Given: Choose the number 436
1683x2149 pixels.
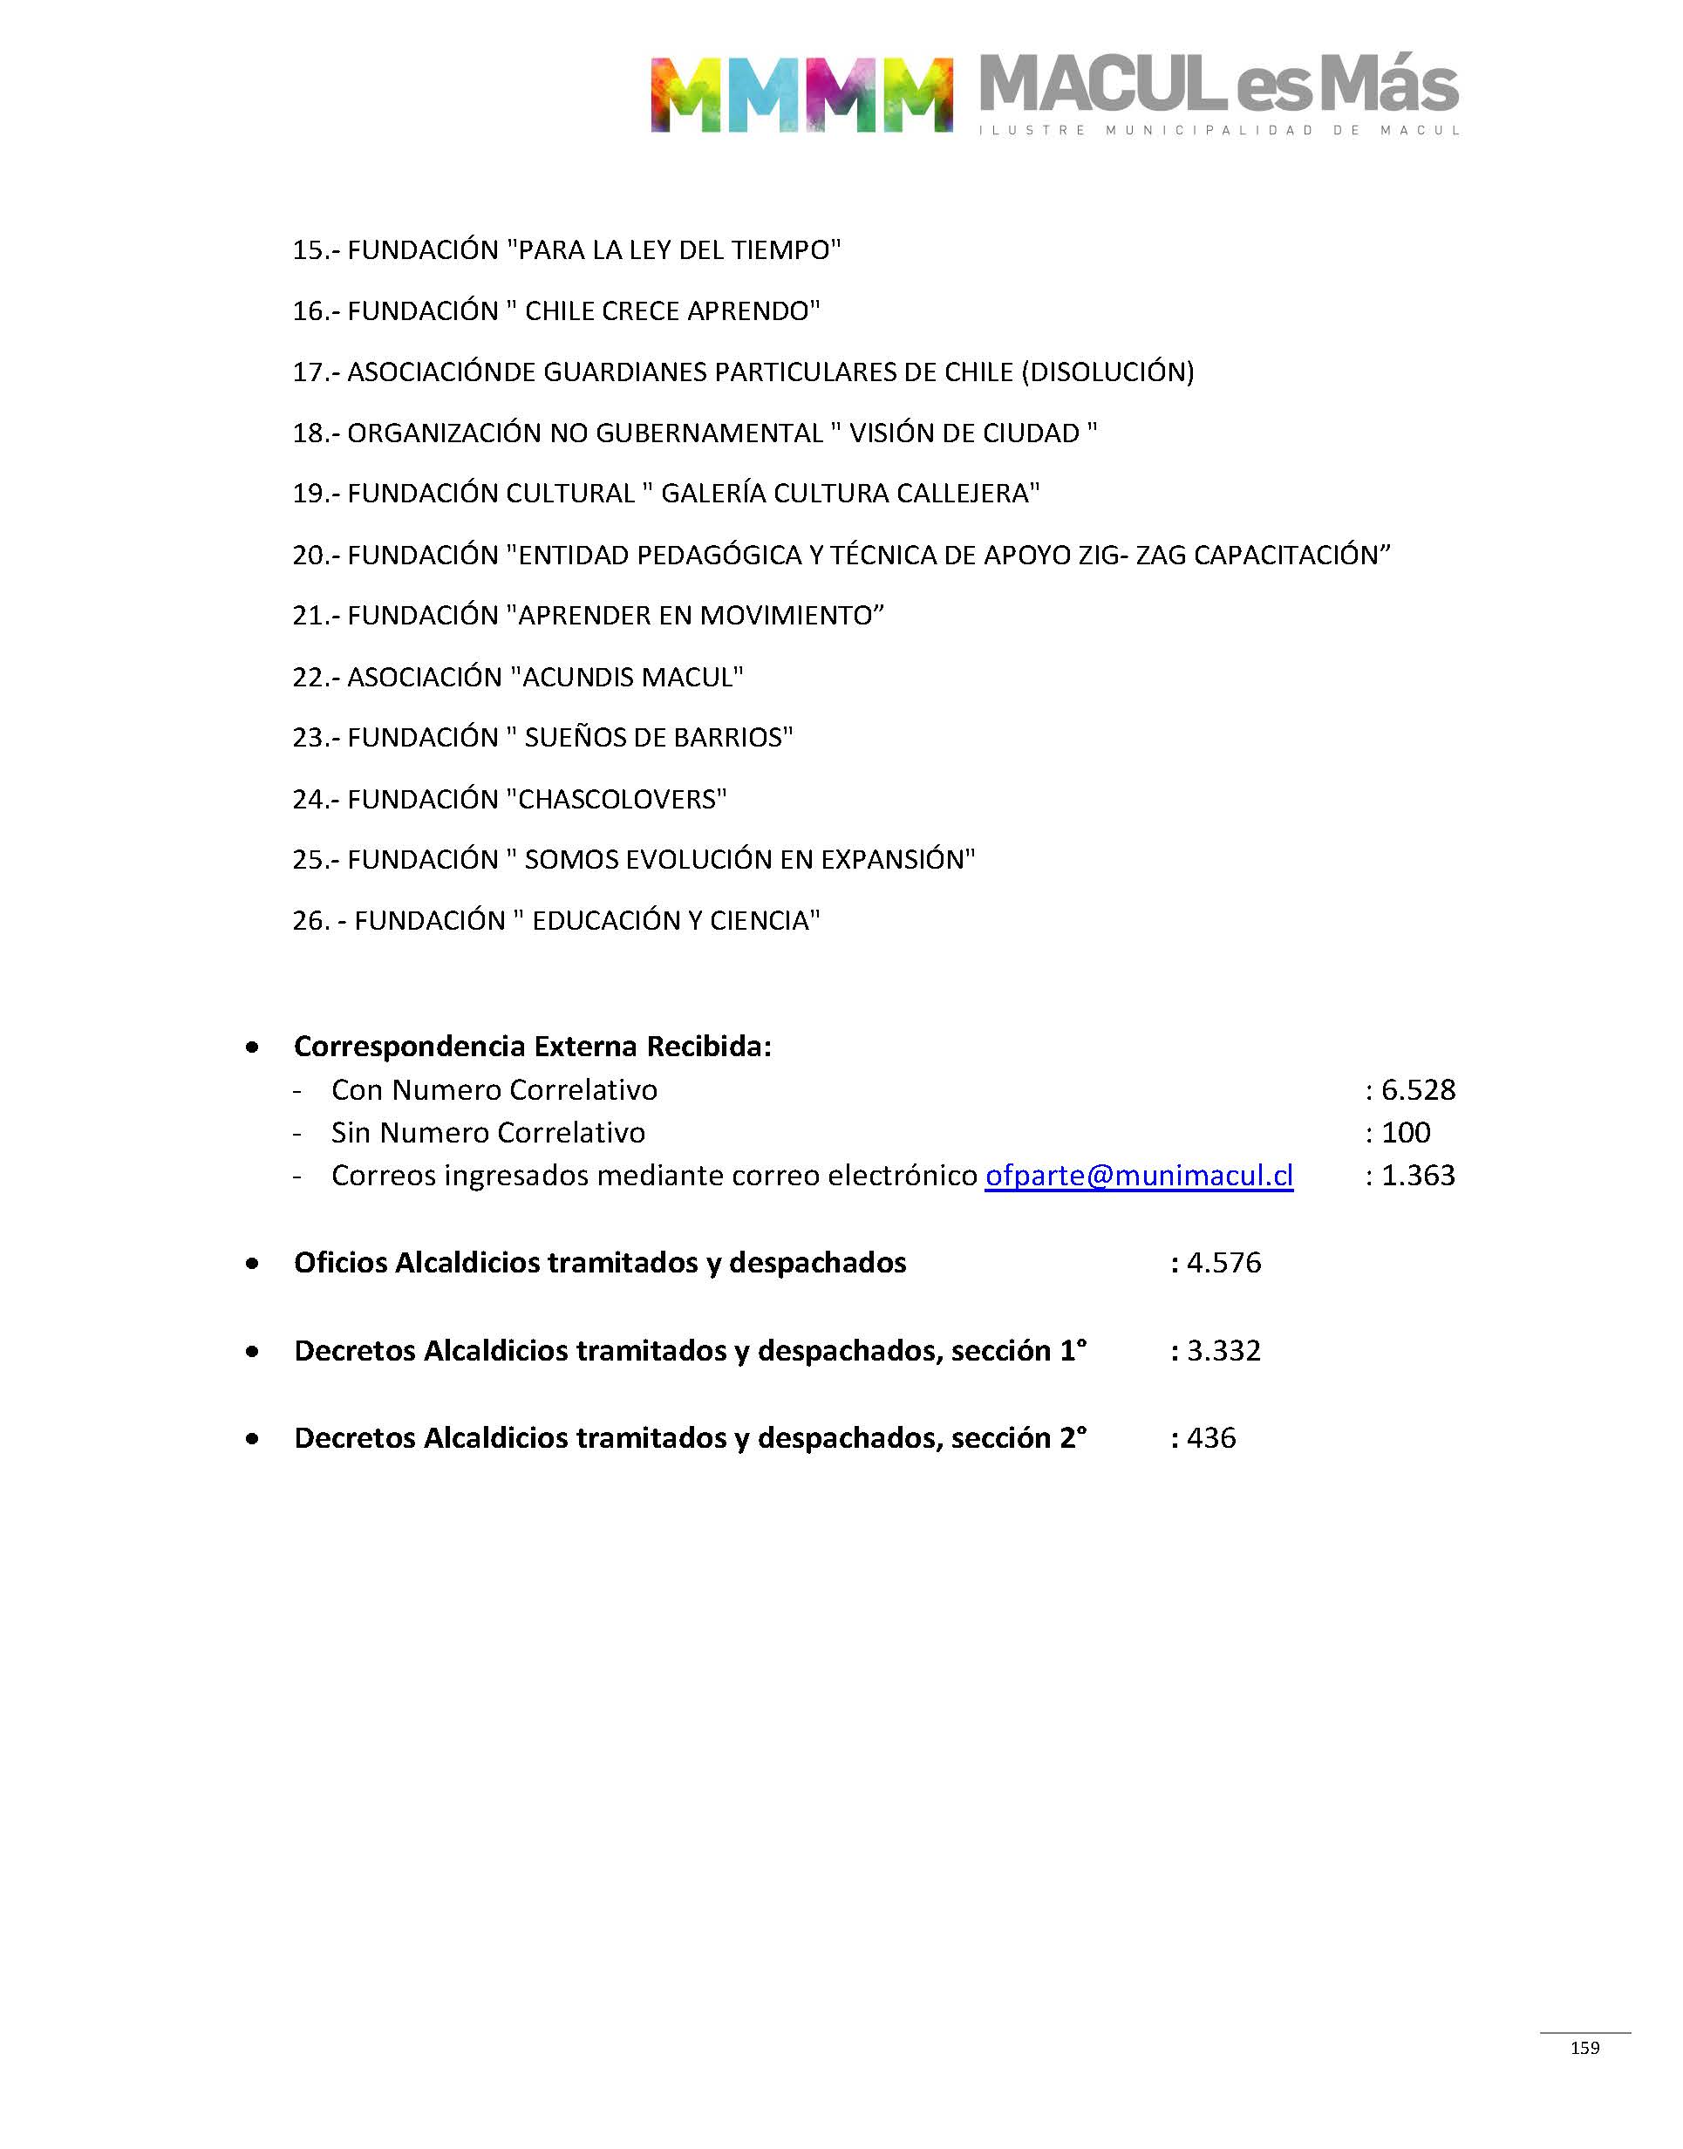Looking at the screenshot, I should point(1211,1438).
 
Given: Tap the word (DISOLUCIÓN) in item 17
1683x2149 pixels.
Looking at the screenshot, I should point(1107,372).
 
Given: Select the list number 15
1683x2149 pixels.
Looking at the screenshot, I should point(309,250).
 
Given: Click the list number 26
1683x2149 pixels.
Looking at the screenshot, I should point(310,921).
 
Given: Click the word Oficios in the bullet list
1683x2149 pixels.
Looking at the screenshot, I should point(340,1263).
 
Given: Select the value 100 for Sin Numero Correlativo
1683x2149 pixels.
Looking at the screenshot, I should point(1406,1133).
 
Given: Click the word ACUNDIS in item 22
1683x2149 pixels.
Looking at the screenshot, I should point(576,678).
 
